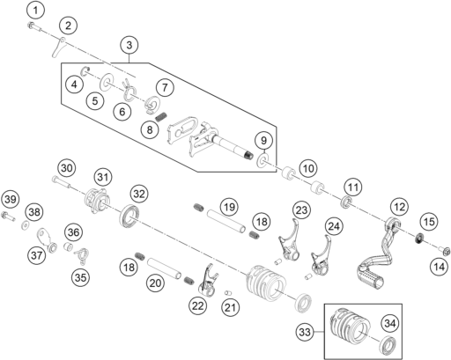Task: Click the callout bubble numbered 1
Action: pyautogui.click(x=35, y=11)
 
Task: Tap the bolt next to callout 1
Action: pyautogui.click(x=34, y=26)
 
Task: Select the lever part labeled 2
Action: pyautogui.click(x=59, y=47)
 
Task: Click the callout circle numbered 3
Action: pyautogui.click(x=129, y=46)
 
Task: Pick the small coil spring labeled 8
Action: pyautogui.click(x=161, y=117)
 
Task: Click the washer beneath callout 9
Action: pyautogui.click(x=262, y=160)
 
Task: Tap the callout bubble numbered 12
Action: pyautogui.click(x=399, y=207)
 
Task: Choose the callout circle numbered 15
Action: pyautogui.click(x=429, y=222)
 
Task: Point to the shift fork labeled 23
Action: pyautogui.click(x=289, y=240)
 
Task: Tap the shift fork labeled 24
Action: pyautogui.click(x=321, y=256)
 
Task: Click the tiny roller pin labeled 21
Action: pyautogui.click(x=228, y=293)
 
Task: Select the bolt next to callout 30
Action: pyautogui.click(x=61, y=180)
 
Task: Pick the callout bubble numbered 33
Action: pyautogui.click(x=305, y=333)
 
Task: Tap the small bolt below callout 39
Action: pyautogui.click(x=8, y=217)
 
